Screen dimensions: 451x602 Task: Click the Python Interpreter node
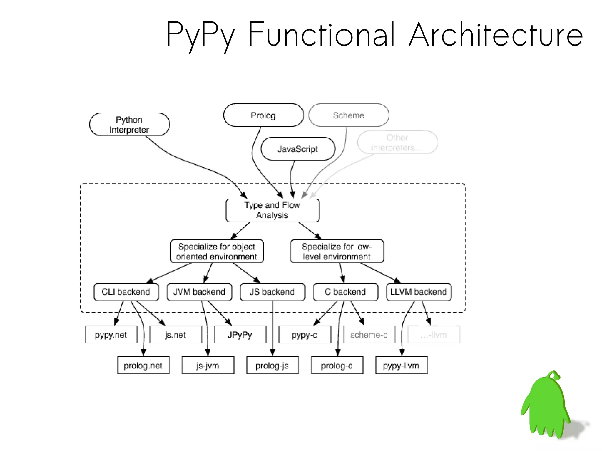click(x=129, y=125)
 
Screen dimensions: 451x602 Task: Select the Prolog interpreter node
click(x=263, y=115)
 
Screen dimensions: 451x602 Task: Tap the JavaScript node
click(x=298, y=149)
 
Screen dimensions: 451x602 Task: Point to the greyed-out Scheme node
click(x=349, y=115)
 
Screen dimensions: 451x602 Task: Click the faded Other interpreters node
click(x=397, y=142)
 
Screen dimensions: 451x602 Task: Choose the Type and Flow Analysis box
click(x=272, y=210)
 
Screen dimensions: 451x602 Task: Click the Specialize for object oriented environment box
click(x=217, y=252)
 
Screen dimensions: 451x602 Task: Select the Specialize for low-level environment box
click(x=337, y=252)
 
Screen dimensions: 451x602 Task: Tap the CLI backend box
click(x=126, y=292)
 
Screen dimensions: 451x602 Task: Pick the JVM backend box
click(x=199, y=292)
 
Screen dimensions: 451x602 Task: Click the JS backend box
click(x=272, y=292)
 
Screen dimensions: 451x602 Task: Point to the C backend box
click(x=345, y=292)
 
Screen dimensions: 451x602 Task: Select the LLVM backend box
click(x=419, y=292)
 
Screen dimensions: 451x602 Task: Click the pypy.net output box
click(x=111, y=335)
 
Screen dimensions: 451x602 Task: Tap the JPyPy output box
click(x=240, y=335)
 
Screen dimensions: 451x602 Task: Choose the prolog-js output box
click(x=272, y=366)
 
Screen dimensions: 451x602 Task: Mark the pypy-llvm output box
click(x=402, y=366)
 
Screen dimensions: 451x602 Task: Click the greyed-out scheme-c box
click(x=369, y=335)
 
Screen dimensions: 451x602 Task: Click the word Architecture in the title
click(x=496, y=35)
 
